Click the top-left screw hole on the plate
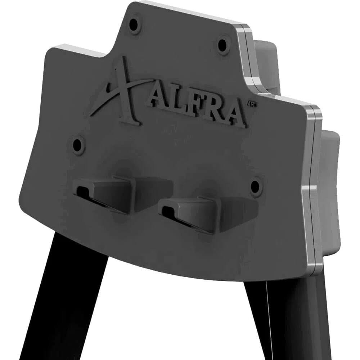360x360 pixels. coord(134,24)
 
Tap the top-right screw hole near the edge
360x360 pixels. coord(222,45)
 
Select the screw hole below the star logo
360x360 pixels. coord(77,145)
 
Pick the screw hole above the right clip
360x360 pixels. coord(255,186)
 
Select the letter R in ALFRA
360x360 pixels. coord(213,112)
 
